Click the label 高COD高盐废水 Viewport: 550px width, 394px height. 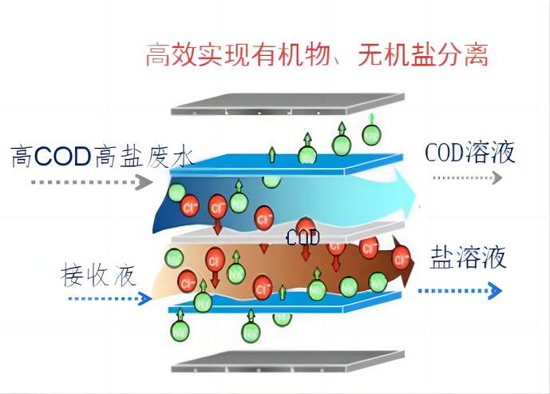click(x=102, y=155)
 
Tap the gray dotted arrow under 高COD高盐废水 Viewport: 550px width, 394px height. click(x=92, y=182)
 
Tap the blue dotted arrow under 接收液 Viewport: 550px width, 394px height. click(x=109, y=300)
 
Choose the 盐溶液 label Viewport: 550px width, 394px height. click(x=468, y=259)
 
